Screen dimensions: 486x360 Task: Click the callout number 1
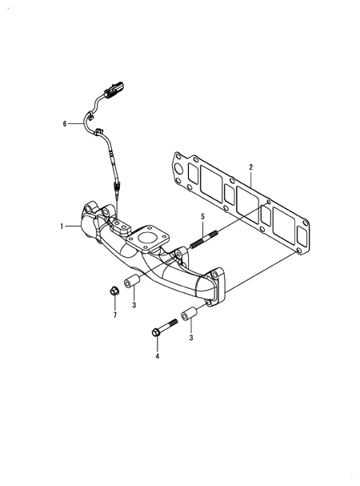(61, 227)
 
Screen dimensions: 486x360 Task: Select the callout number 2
(250, 167)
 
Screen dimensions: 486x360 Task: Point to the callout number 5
(202, 216)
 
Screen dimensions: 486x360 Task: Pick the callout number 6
(65, 124)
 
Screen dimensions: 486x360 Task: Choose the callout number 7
(114, 315)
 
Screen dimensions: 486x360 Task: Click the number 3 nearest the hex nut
(134, 305)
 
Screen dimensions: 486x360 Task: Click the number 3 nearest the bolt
(190, 338)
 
